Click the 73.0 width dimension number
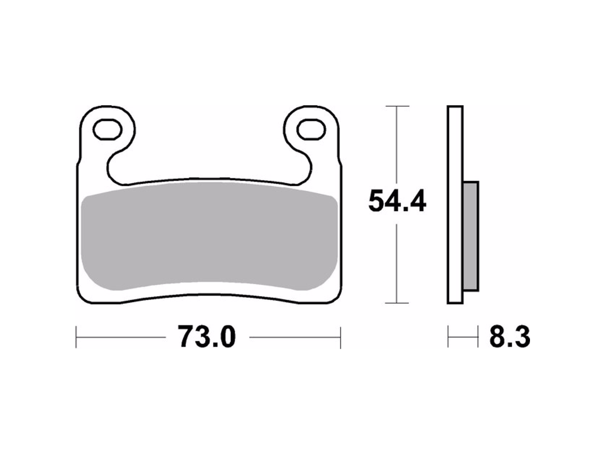(x=206, y=337)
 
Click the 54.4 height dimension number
(x=397, y=202)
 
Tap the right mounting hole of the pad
(x=311, y=129)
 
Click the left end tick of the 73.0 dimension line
(x=77, y=337)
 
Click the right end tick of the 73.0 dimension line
(x=340, y=337)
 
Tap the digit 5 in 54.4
(x=378, y=202)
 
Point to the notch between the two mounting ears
(x=209, y=159)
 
